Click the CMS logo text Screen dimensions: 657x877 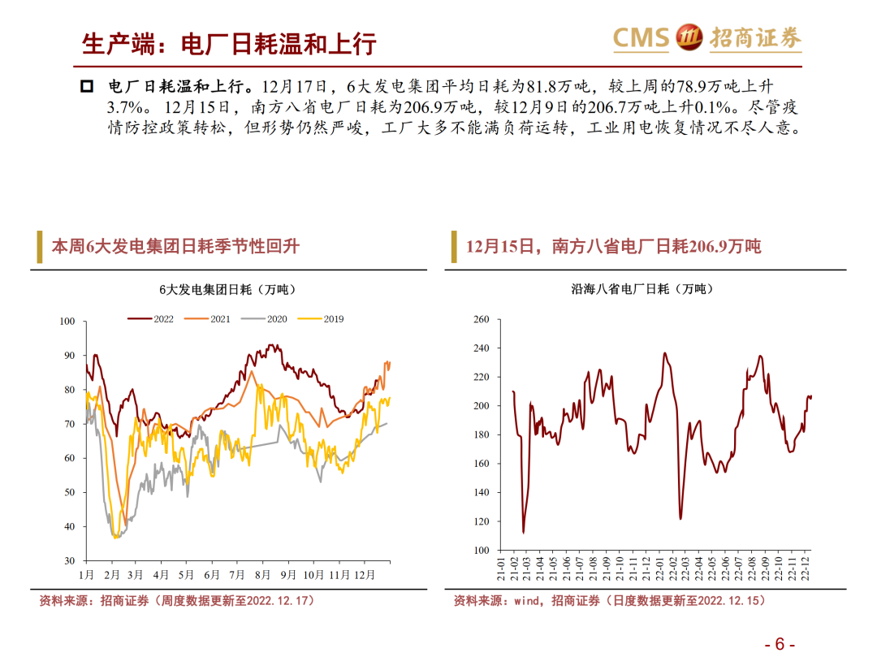(x=641, y=37)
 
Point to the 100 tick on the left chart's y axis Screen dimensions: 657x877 (x=67, y=322)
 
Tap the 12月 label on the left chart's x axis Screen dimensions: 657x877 (x=365, y=575)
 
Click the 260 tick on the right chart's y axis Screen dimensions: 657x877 (x=481, y=320)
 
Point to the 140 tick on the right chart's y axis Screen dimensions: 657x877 (x=481, y=493)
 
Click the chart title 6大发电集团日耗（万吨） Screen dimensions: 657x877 (x=228, y=289)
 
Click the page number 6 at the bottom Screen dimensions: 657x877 (x=780, y=644)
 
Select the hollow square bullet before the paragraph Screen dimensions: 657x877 (x=89, y=87)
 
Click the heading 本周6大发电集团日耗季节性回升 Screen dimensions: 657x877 (x=175, y=246)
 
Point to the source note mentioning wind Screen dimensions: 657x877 (x=609, y=601)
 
